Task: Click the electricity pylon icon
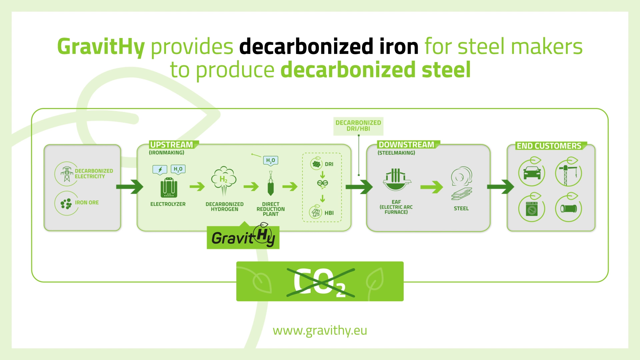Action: point(67,174)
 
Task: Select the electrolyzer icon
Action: point(169,188)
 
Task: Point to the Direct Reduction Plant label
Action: point(271,209)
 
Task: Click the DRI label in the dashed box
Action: point(329,164)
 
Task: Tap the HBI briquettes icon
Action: point(315,212)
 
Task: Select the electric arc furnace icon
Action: point(396,179)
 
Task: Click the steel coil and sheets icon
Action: point(462,183)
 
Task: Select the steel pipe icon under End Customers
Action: point(568,209)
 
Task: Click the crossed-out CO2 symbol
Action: point(320,282)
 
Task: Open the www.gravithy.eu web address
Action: point(320,330)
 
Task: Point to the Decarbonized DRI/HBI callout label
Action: point(358,126)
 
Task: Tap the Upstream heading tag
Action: point(172,145)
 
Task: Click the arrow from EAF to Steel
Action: point(432,187)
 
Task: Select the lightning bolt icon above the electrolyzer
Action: point(160,170)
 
